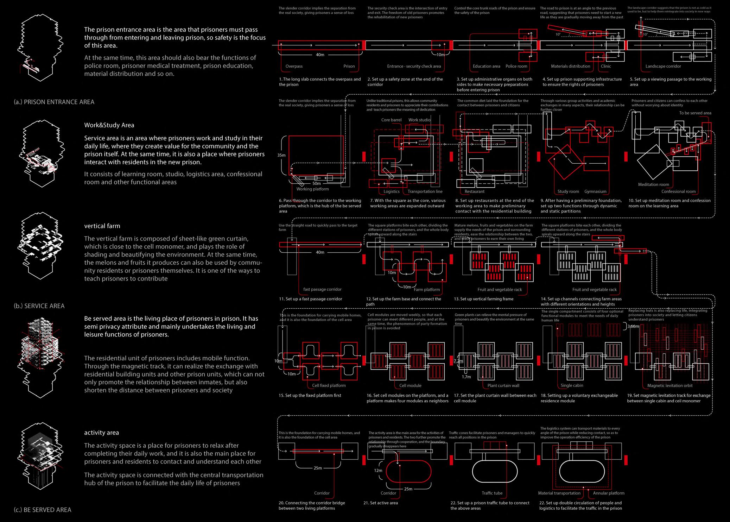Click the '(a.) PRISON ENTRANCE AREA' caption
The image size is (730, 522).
(x=54, y=102)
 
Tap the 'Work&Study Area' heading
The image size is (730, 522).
(x=109, y=125)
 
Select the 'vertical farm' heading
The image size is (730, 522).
(x=102, y=226)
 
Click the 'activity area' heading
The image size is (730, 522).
(x=101, y=433)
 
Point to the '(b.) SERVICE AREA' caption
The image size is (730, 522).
(x=39, y=306)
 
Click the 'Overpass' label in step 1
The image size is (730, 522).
(x=294, y=66)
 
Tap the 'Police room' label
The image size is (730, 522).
(x=516, y=66)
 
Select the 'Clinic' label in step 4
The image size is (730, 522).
(x=606, y=66)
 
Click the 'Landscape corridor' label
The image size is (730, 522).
(x=663, y=66)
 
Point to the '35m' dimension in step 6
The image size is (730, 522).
(x=281, y=155)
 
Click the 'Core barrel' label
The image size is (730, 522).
(x=391, y=120)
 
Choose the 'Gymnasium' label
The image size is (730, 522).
(x=595, y=191)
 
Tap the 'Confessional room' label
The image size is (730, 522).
(x=678, y=191)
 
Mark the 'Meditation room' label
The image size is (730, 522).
(x=653, y=184)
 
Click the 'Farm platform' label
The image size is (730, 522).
(x=427, y=289)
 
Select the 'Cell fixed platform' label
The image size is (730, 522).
(x=329, y=385)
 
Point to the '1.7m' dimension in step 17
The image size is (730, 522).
(x=466, y=377)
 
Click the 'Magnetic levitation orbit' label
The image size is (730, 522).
(x=670, y=385)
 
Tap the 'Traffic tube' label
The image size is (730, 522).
(x=492, y=493)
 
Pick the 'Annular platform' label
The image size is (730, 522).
(x=609, y=493)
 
